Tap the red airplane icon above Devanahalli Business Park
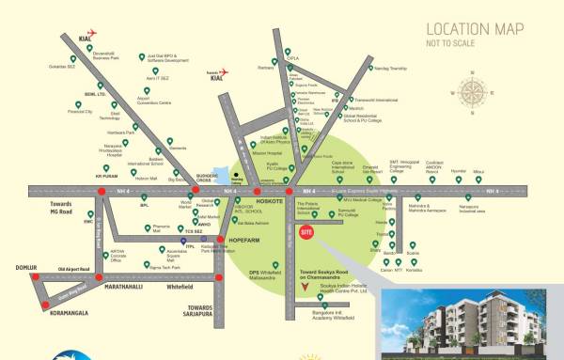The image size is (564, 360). [92, 33]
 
